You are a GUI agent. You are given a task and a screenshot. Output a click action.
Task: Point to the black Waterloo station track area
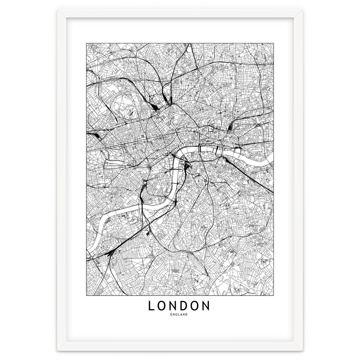(187, 165)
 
